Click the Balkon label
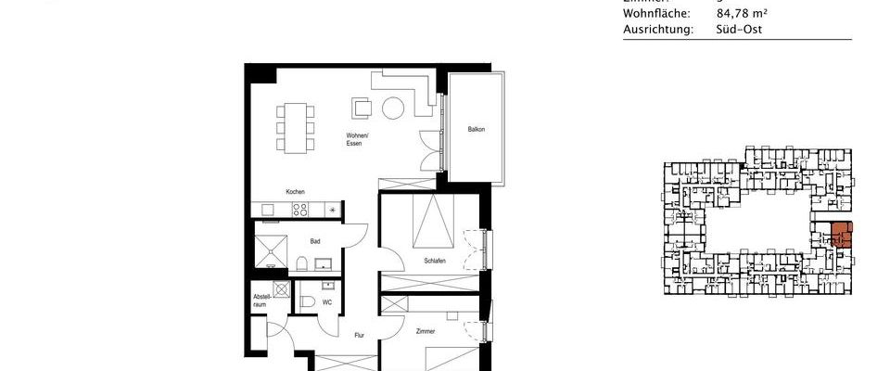coord(477,129)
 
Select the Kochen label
coord(295,192)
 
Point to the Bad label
coord(316,241)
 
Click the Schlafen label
coord(435,261)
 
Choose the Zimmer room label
coord(426,330)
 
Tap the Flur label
coord(359,336)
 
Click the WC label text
coord(326,302)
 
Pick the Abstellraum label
coord(262,301)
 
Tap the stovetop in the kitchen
coord(301,210)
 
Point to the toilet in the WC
coord(306,301)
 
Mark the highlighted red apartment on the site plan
coord(841,235)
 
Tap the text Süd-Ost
coord(738,30)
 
